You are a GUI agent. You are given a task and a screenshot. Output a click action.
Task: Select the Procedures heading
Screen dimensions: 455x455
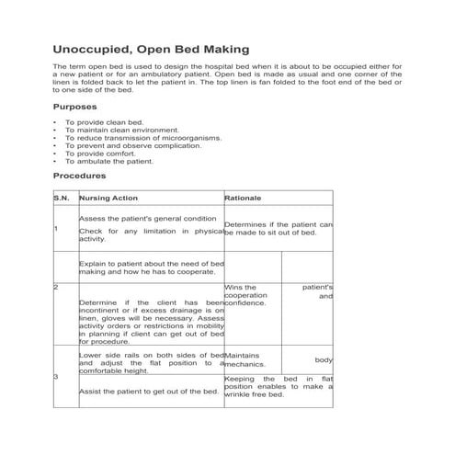[80, 175]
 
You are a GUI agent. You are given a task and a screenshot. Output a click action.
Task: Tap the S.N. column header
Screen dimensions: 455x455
[61, 198]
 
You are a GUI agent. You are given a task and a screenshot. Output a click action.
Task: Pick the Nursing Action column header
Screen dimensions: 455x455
[108, 198]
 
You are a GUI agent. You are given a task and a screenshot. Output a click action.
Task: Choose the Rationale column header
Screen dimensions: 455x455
[244, 198]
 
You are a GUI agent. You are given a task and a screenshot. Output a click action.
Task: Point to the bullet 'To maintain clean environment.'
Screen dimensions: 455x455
[116, 131]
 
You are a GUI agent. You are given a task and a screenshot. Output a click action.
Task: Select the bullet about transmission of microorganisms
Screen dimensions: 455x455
[142, 138]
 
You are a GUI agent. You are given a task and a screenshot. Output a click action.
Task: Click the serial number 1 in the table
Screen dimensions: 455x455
[56, 229]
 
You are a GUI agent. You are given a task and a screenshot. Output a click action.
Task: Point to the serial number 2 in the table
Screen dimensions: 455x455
[56, 288]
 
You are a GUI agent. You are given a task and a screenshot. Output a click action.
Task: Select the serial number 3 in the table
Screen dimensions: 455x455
[56, 377]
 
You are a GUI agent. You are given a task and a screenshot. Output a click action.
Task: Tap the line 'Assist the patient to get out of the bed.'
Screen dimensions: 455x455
[148, 392]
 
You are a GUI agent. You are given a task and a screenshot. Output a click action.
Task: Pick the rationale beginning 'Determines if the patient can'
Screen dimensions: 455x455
[279, 224]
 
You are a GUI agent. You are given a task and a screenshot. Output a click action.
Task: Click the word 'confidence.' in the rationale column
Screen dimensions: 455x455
[245, 303]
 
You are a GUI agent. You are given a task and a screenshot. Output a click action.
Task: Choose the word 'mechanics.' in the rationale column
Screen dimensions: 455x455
[243, 364]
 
